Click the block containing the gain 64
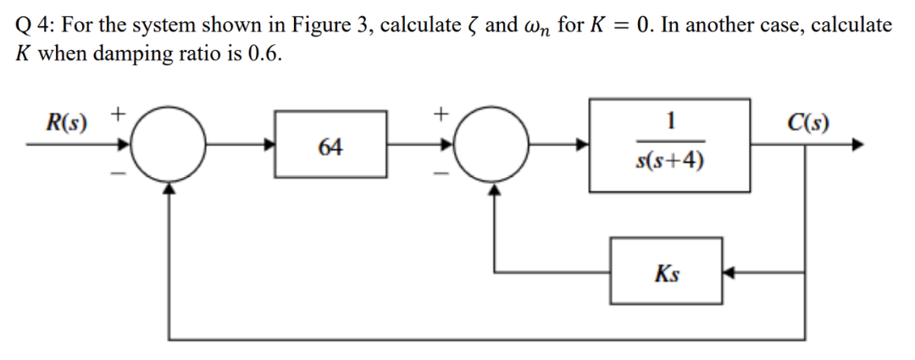point(330,145)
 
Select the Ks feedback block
point(667,272)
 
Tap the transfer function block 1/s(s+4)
point(669,145)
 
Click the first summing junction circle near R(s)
point(170,145)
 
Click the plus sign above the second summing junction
point(441,111)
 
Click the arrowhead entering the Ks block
point(730,273)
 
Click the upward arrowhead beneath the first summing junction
point(170,191)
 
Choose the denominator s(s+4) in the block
point(669,161)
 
